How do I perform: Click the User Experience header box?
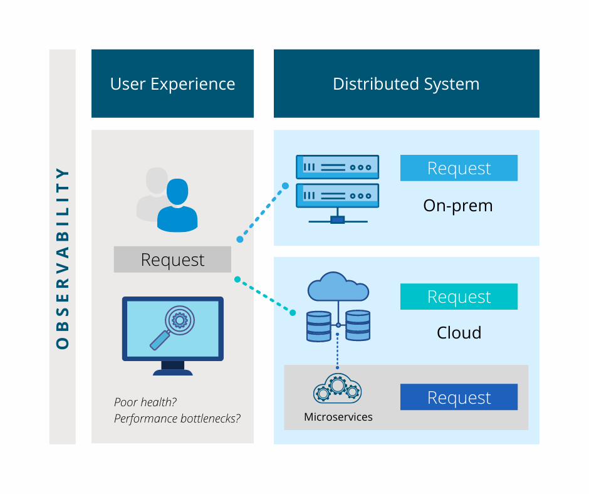tap(172, 84)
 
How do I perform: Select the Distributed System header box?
tap(406, 84)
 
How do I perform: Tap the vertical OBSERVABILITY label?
tap(62, 257)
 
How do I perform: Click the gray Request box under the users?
tap(172, 260)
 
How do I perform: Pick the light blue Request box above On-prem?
tap(459, 168)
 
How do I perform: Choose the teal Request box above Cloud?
tap(459, 297)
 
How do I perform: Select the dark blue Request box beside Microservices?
tap(459, 397)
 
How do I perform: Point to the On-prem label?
tap(458, 205)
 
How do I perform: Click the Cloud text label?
tap(459, 332)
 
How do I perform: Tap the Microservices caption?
tap(338, 417)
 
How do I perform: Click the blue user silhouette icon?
tap(177, 207)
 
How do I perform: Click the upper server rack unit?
tap(337, 167)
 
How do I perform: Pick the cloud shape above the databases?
tap(338, 288)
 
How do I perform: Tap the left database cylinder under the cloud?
tap(318, 326)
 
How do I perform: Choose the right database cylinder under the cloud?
tap(358, 326)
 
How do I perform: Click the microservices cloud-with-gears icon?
tap(337, 389)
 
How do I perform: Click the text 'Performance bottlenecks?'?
tap(177, 418)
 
